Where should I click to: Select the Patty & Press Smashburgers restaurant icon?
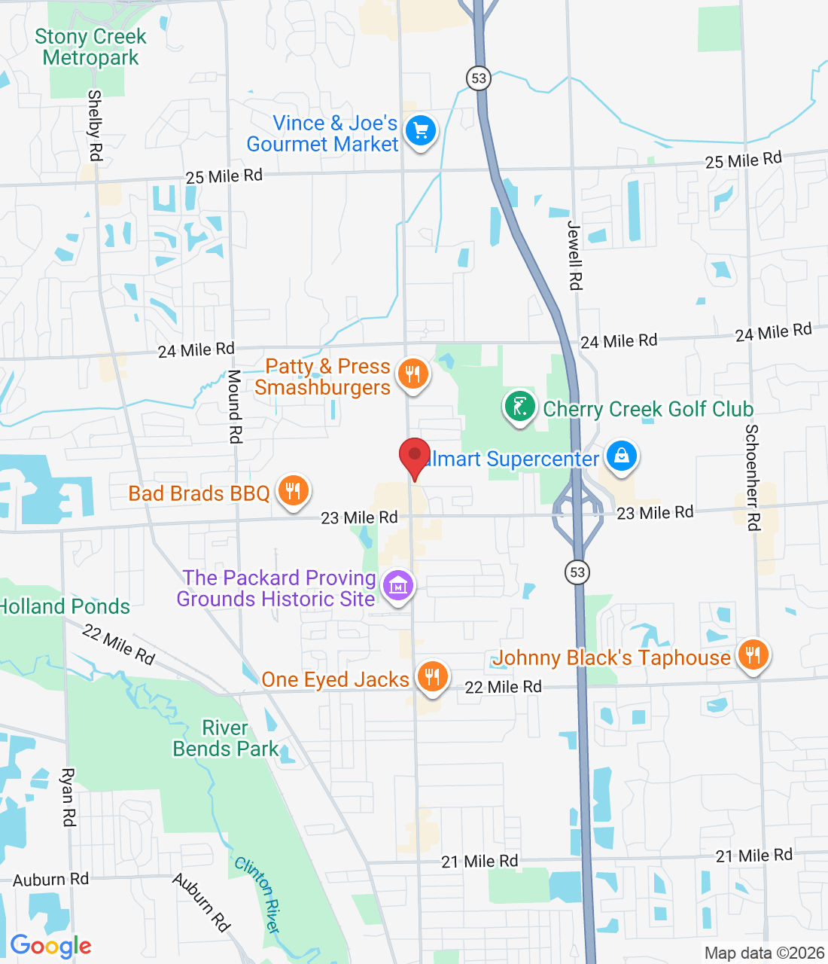click(412, 374)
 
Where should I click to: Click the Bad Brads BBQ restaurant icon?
click(293, 490)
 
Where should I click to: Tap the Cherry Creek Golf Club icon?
click(519, 407)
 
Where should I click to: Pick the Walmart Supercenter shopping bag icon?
click(622, 456)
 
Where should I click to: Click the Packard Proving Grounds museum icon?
click(398, 585)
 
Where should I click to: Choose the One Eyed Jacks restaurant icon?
click(432, 676)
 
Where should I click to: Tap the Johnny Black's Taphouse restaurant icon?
click(753, 654)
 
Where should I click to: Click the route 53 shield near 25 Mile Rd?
click(479, 78)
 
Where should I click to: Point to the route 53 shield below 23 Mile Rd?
click(577, 572)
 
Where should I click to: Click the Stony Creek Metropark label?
click(90, 47)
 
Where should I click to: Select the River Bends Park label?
click(225, 738)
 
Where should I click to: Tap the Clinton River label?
click(258, 895)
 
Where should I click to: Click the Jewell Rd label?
click(575, 255)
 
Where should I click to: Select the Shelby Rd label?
click(95, 125)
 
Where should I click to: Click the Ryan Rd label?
click(68, 797)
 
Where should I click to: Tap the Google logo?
click(51, 946)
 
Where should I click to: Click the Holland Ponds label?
click(65, 606)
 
